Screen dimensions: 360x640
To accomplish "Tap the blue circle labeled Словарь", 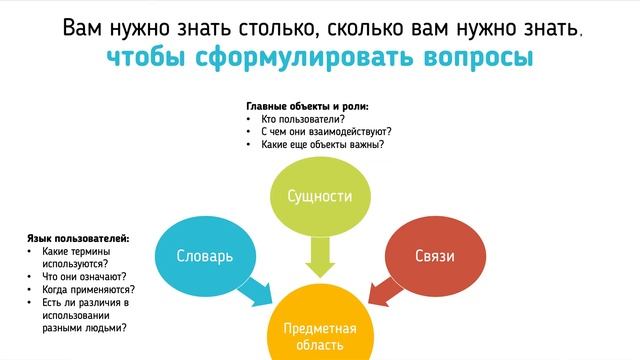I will click(205, 255).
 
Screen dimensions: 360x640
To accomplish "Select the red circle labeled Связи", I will click(435, 255).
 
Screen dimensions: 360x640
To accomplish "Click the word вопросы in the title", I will click(478, 57).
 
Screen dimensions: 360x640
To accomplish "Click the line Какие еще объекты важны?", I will click(322, 144).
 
